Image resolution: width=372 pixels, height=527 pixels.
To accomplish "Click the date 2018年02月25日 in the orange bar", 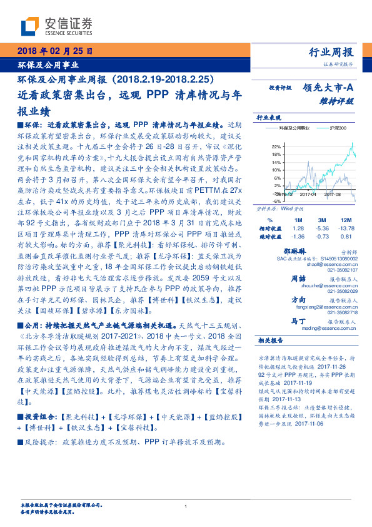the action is [56, 51].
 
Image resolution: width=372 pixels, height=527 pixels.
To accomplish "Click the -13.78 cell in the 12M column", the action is [346, 229].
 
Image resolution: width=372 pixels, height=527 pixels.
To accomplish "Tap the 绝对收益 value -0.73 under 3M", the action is [323, 237].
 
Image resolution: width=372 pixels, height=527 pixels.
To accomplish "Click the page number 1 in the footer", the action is [186, 506].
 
